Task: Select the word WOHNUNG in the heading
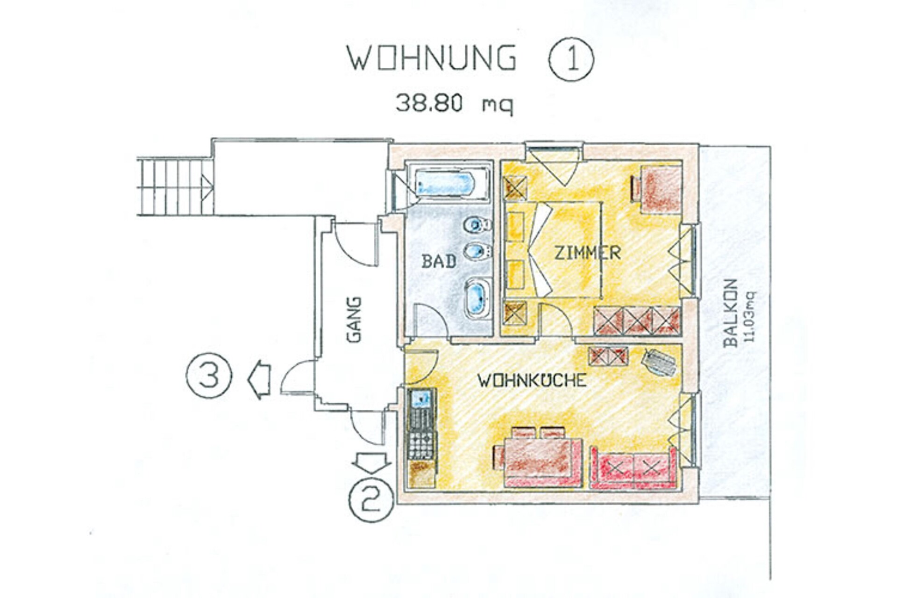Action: click(x=431, y=58)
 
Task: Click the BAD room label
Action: click(x=439, y=261)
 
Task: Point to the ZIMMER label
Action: click(x=587, y=253)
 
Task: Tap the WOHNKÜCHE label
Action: click(x=532, y=380)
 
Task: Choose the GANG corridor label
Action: click(x=354, y=320)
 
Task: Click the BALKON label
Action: click(x=730, y=313)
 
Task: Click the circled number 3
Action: click(x=209, y=375)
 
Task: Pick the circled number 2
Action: click(x=371, y=498)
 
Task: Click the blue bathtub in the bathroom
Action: click(x=445, y=184)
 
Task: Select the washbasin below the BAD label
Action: click(x=477, y=299)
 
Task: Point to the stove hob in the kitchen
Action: click(x=421, y=444)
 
